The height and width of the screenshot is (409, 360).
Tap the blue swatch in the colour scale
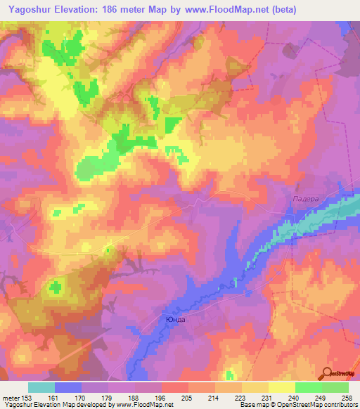tap(68, 387)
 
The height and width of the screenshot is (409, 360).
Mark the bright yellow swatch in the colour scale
tap(281, 387)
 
